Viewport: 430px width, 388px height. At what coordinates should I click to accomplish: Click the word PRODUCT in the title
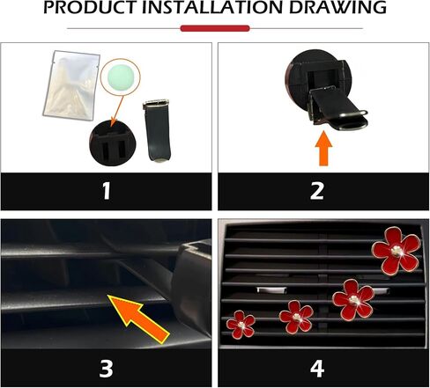coord(91,8)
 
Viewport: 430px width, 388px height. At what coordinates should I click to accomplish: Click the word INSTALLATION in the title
coord(212,8)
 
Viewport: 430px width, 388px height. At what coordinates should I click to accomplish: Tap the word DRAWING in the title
coord(337,8)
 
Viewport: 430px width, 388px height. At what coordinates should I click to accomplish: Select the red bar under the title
coord(215,28)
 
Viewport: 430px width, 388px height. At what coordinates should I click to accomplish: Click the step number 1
coord(107,191)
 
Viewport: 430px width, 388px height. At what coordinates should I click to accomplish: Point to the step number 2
coord(317,191)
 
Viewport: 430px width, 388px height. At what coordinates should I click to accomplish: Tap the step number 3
coord(106,368)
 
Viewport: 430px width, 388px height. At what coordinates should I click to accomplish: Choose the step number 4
coord(317,368)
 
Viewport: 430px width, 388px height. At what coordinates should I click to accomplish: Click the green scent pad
coord(121,77)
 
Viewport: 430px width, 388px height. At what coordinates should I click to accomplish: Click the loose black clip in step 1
coord(157,131)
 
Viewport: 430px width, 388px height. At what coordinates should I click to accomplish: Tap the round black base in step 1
coord(113,143)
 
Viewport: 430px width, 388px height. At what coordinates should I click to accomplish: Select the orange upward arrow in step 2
coord(323,148)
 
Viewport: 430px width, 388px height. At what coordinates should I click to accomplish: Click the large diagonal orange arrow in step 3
coord(138,318)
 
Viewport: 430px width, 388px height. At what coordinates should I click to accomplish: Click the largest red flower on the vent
coord(397,251)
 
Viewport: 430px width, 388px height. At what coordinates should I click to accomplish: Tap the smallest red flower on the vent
coord(241,325)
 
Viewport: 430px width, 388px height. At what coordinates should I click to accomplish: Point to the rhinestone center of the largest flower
coord(397,252)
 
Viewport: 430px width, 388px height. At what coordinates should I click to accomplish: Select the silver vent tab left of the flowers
coord(271,290)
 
